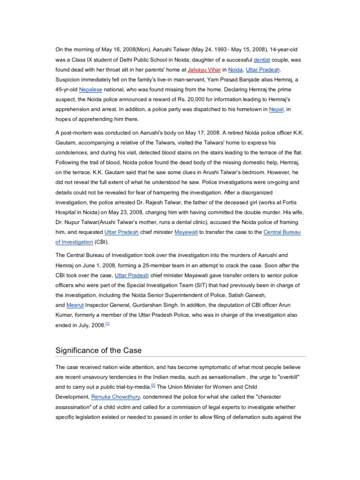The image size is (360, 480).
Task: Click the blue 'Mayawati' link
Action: click(x=187, y=232)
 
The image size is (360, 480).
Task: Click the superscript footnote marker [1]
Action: click(x=107, y=323)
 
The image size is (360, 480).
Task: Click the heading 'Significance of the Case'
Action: click(x=98, y=350)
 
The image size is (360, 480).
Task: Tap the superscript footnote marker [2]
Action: click(x=153, y=385)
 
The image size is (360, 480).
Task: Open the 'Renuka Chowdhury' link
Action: click(x=112, y=397)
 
